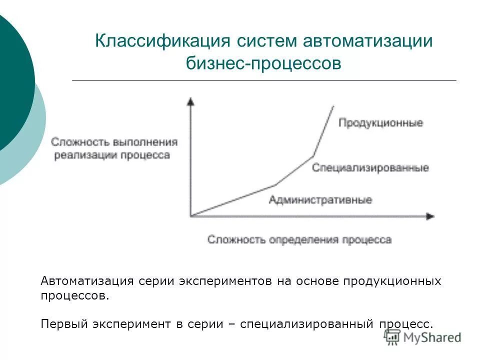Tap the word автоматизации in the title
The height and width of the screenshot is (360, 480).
367,41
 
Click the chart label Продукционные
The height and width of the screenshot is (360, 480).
380,122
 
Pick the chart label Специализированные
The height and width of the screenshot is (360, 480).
370,168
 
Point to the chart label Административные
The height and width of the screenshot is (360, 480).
320,200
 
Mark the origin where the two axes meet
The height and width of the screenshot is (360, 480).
190,216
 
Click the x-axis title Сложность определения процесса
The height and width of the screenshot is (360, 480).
299,240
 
